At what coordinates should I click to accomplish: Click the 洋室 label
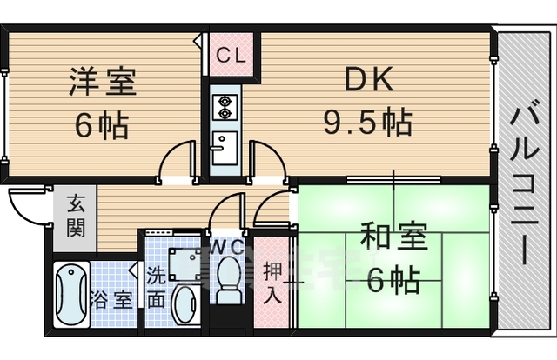click(x=103, y=85)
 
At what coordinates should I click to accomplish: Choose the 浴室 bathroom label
click(x=114, y=301)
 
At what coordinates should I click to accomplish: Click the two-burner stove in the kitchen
click(x=224, y=107)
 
